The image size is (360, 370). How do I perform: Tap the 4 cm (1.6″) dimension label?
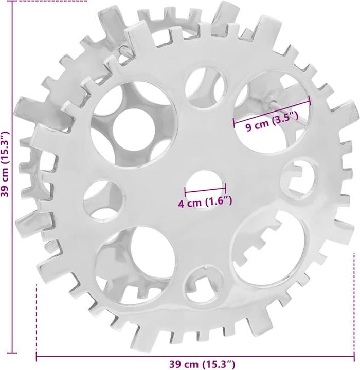click(205, 202)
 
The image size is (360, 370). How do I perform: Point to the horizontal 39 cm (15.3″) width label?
click(202, 364)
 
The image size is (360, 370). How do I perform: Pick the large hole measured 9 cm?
click(272, 113)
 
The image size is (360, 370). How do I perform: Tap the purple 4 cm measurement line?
click(205, 189)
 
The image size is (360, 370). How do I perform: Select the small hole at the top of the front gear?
click(205, 88)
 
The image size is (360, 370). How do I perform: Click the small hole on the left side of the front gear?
click(102, 199)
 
